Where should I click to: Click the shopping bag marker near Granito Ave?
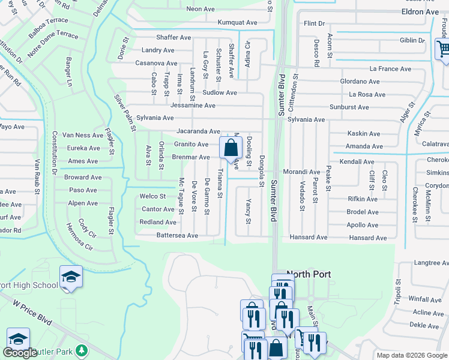pyautogui.click(x=231, y=148)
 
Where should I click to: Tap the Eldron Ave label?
pyautogui.click(x=420, y=12)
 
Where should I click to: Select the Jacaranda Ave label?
pyautogui.click(x=198, y=131)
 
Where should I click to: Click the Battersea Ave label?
pyautogui.click(x=177, y=236)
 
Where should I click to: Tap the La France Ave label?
pyautogui.click(x=390, y=69)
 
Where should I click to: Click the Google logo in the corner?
pyautogui.click(x=20, y=353)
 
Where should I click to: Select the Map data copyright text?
pyautogui.click(x=411, y=355)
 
